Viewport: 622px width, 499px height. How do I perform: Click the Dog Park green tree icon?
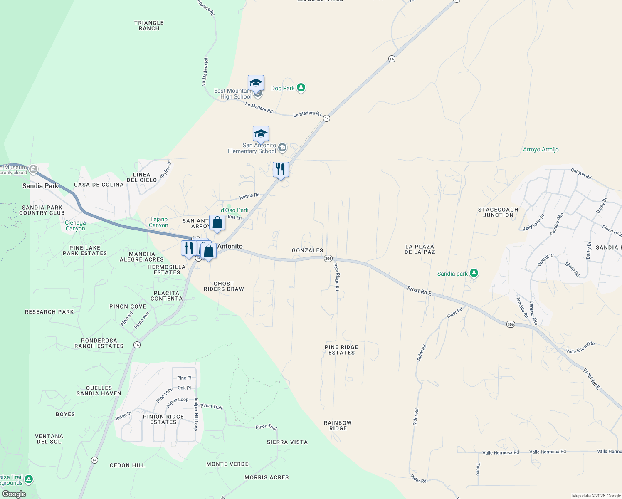point(301,88)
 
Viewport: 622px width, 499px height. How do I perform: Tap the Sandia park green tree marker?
point(474,273)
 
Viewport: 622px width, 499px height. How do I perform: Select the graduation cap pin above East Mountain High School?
point(256,83)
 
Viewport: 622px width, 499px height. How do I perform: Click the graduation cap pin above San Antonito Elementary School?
point(261,134)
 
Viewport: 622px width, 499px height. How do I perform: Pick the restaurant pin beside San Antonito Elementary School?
point(281,170)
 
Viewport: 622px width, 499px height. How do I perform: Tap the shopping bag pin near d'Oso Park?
point(217,223)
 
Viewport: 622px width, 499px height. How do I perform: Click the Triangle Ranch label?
point(149,26)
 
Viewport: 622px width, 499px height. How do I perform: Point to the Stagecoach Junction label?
point(498,212)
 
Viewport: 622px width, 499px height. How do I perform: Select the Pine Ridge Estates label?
point(341,350)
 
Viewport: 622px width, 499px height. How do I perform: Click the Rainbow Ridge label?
point(338,425)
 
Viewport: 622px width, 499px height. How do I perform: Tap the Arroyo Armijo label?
point(541,150)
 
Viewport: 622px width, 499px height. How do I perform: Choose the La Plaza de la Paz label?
point(420,249)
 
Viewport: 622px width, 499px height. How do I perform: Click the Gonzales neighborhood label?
point(307,250)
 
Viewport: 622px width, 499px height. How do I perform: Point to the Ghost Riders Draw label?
point(224,286)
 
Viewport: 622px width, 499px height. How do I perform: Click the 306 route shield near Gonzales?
point(328,258)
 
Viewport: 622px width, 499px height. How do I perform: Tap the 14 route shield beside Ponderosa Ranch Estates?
point(137,345)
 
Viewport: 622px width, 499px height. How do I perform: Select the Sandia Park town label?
point(40,186)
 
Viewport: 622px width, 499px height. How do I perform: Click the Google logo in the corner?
point(14,494)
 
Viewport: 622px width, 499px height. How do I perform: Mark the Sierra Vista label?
point(287,442)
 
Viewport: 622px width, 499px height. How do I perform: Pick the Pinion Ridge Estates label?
point(163,419)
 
